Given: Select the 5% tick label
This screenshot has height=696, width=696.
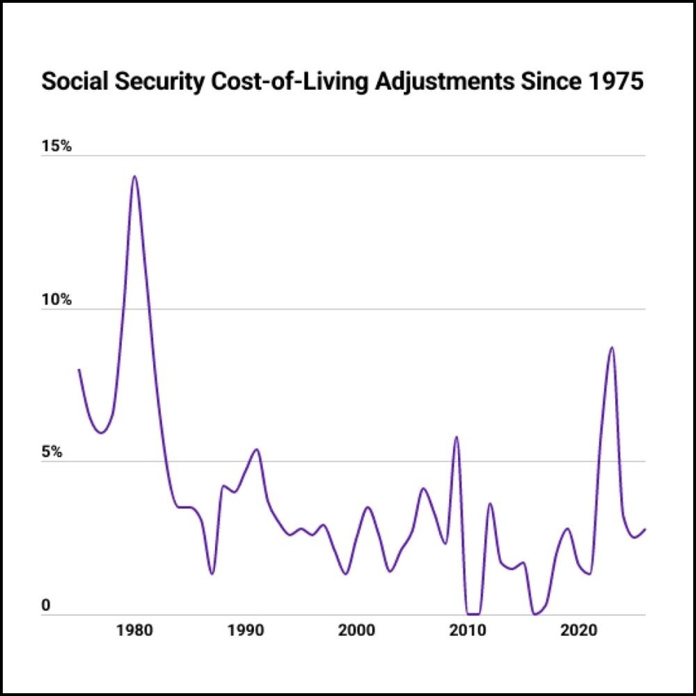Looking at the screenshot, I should (x=52, y=452).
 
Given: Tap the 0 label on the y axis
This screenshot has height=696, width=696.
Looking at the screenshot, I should (x=46, y=606).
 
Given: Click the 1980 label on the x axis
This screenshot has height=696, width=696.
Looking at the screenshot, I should (x=134, y=631).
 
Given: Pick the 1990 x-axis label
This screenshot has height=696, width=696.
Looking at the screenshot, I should (x=245, y=631).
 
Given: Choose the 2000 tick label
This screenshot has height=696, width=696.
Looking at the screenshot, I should (x=356, y=631).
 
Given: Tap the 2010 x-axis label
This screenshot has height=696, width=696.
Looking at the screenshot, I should (x=466, y=631).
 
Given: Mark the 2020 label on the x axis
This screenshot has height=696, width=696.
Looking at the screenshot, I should (x=577, y=631).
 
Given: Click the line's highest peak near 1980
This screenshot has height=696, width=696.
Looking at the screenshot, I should (x=134, y=176).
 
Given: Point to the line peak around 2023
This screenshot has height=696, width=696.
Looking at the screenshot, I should (x=612, y=347).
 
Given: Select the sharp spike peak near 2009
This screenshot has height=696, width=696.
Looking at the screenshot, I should (x=457, y=437).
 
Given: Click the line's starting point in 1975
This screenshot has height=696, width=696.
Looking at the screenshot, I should (x=79, y=370).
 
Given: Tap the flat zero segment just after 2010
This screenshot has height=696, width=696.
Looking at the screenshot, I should (x=473, y=614).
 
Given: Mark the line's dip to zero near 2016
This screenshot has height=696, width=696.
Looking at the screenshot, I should (x=535, y=614).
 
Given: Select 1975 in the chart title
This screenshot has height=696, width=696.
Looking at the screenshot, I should (x=617, y=82).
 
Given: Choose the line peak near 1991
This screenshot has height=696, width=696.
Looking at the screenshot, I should (x=256, y=450).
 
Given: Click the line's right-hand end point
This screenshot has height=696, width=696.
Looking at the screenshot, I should (x=645, y=529).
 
